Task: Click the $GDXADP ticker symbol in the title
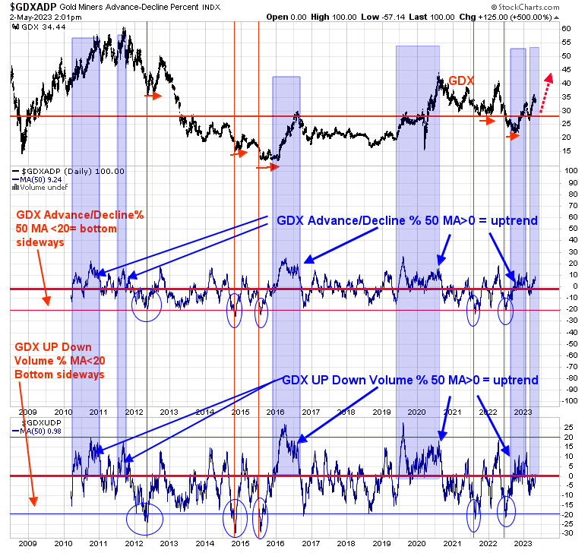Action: click(x=33, y=7)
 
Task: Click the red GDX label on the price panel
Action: click(x=461, y=80)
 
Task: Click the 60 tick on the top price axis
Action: click(x=565, y=29)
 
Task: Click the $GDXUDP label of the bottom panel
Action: click(x=32, y=420)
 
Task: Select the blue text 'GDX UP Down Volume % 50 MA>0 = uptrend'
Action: click(x=411, y=380)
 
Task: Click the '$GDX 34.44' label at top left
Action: click(x=30, y=26)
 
